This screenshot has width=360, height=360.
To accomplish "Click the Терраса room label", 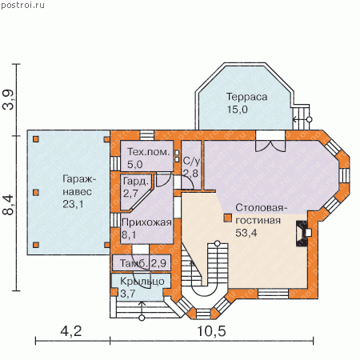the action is tap(246, 97).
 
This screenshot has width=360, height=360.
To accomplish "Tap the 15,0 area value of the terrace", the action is tap(238, 110).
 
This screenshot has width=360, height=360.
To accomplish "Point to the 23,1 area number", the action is tap(73, 204).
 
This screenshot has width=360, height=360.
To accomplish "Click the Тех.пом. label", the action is tap(149, 152).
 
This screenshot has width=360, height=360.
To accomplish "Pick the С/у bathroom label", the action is tap(191, 161).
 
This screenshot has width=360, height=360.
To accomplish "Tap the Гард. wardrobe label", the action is tap(136, 182).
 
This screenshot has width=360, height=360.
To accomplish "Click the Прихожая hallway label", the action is tap(146, 222).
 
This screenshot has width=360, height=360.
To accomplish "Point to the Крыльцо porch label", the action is tap(142, 282).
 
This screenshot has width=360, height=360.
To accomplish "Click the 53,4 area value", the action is tap(246, 233).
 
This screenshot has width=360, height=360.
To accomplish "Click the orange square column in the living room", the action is tap(227, 218).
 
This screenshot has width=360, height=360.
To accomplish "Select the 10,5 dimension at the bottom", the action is tap(211, 331).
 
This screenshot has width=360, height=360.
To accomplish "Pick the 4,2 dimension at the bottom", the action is tap(71, 331).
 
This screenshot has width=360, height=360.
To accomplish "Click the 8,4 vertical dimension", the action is tap(8, 205).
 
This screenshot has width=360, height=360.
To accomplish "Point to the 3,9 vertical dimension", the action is tap(8, 100).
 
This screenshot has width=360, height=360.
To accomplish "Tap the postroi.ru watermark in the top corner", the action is tap(22, 5).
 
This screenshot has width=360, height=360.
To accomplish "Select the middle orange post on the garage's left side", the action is tap(36, 192).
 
